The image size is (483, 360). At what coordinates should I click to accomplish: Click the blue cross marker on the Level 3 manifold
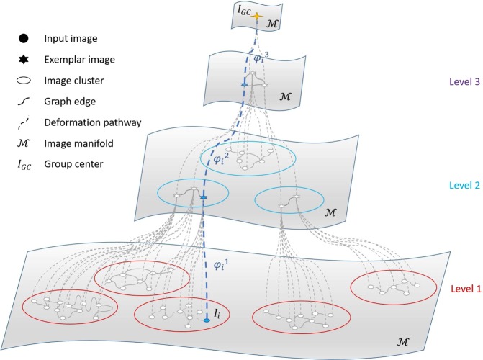coord(244,86)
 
